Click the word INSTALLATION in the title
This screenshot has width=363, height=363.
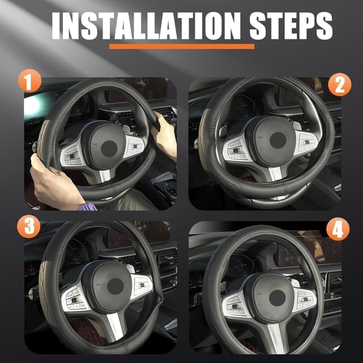pyautogui.click(x=146, y=26)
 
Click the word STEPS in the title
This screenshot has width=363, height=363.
pyautogui.click(x=291, y=26)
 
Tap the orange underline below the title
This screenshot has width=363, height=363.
pyautogui.click(x=181, y=47)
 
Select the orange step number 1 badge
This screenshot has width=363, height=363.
pyautogui.click(x=29, y=81)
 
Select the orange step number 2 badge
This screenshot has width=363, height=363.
pyautogui.click(x=340, y=85)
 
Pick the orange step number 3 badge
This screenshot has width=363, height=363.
pyautogui.click(x=29, y=226)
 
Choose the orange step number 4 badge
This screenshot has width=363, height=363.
pyautogui.click(x=338, y=229)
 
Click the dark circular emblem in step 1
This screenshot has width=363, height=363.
pyautogui.click(x=109, y=149)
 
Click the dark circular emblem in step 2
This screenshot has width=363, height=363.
pyautogui.click(x=278, y=140)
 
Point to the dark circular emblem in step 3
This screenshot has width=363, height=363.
pyautogui.click(x=115, y=286)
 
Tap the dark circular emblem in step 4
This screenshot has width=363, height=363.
pyautogui.click(x=277, y=298)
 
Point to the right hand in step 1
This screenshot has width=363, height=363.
pyautogui.click(x=165, y=134)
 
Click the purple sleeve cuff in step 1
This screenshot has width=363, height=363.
pyautogui.click(x=87, y=206)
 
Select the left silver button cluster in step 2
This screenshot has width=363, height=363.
pyautogui.click(x=235, y=150)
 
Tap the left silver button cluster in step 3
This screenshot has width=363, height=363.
pyautogui.click(x=74, y=299)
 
